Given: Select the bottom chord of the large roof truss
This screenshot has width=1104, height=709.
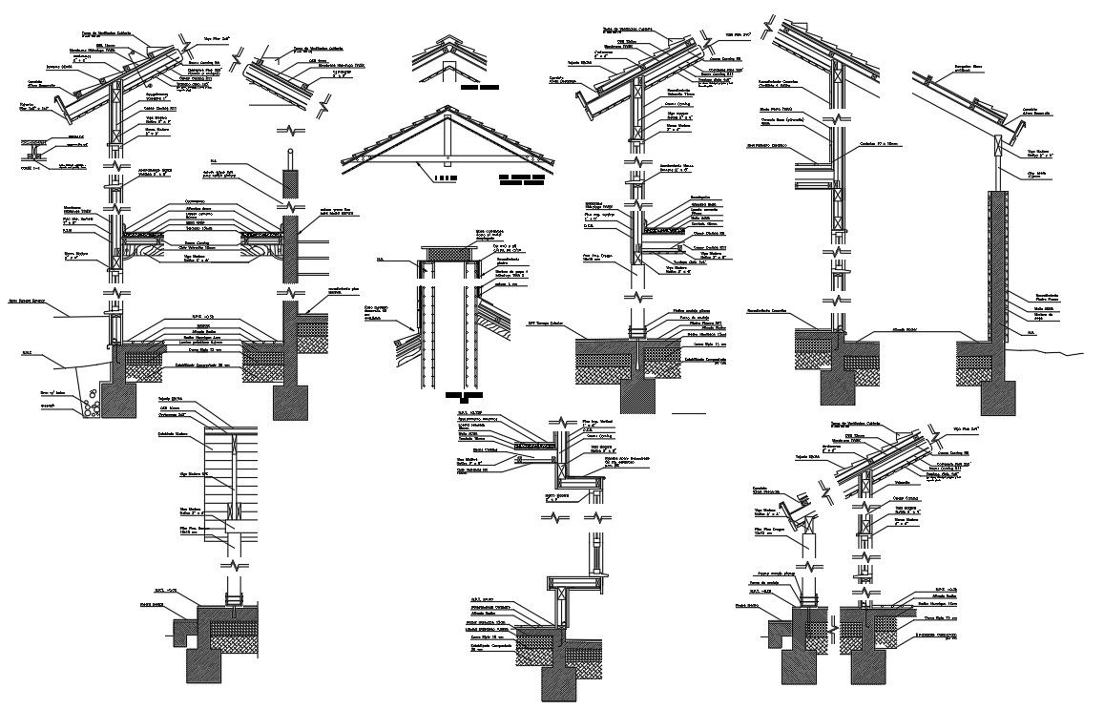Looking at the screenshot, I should coord(445,169).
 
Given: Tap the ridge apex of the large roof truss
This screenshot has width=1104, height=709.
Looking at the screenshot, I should coord(445,107).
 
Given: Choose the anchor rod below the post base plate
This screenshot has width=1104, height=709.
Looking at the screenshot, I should coord(637,358).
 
